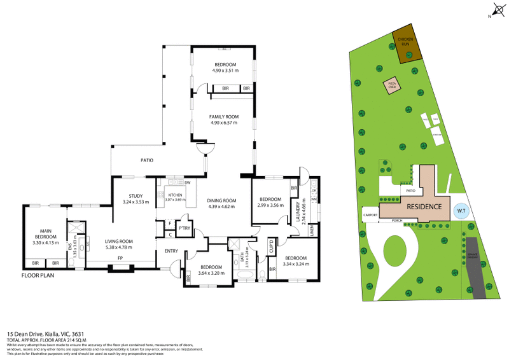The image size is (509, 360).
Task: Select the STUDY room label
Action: [x=135, y=196]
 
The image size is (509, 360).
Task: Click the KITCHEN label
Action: [x=174, y=195]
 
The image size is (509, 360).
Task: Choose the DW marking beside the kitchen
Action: [x=188, y=183]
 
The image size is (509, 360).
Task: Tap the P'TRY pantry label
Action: [x=185, y=228]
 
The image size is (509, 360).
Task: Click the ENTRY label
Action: [x=171, y=251]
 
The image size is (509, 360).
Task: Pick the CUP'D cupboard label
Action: [x=271, y=246]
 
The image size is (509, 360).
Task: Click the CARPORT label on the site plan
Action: [x=371, y=215]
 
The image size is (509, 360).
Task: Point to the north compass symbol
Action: [x=496, y=10]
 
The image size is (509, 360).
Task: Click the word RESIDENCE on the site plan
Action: [x=424, y=207]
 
